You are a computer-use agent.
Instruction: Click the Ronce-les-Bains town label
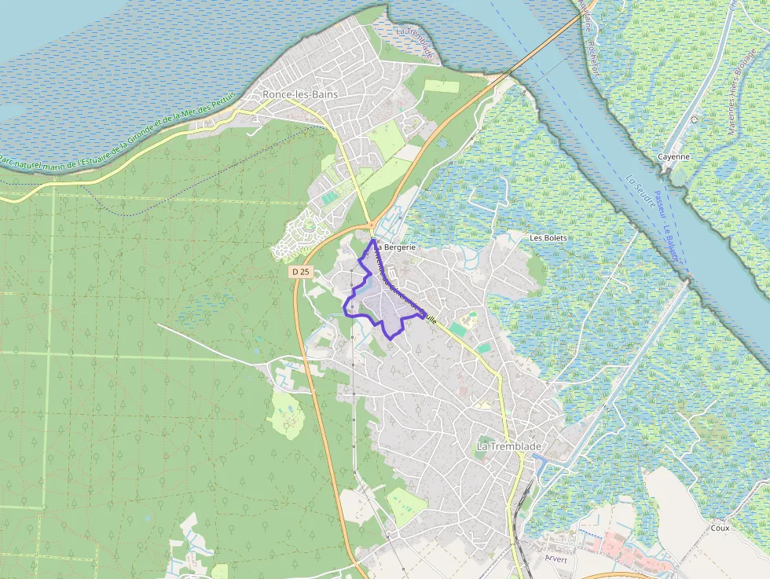tap(300, 94)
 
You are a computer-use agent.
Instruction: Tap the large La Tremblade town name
tap(509, 446)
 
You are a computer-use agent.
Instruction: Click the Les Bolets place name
tap(548, 237)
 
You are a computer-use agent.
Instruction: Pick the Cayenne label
tap(674, 156)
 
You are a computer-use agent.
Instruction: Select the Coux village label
tap(719, 528)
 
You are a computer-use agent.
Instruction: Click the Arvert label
tap(555, 559)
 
